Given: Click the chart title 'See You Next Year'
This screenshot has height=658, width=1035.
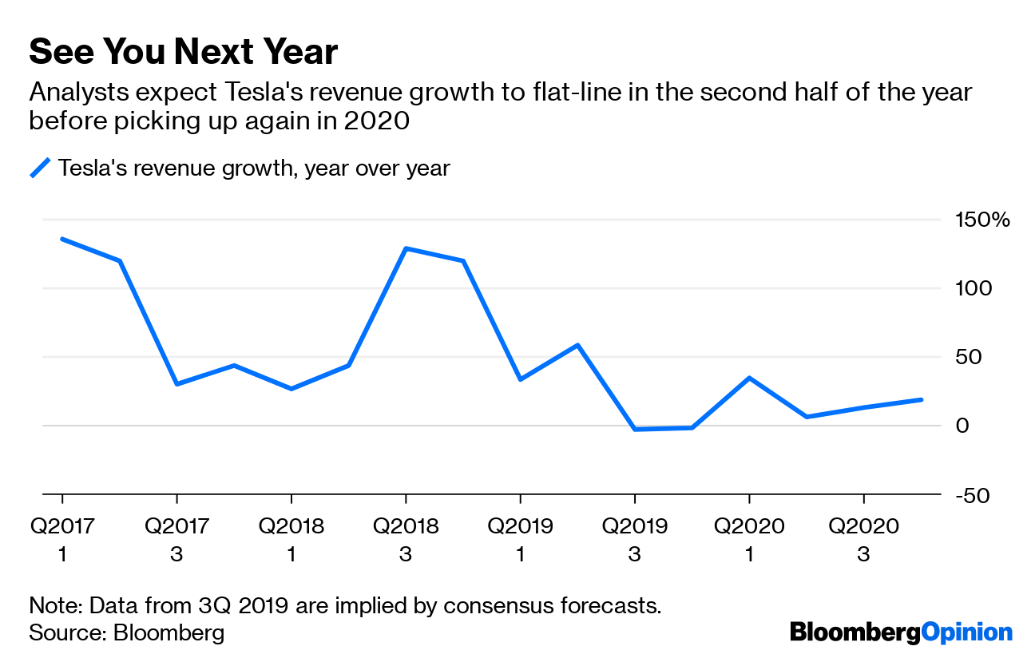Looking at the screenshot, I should click(183, 52).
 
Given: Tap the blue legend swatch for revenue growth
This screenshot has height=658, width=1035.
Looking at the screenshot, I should click(40, 168).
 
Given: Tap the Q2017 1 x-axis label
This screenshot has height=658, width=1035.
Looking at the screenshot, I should click(62, 539).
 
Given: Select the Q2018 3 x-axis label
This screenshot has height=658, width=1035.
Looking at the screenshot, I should click(406, 539).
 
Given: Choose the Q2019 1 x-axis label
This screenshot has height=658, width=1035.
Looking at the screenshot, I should click(520, 539).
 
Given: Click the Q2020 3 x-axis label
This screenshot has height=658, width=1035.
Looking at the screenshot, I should click(863, 539).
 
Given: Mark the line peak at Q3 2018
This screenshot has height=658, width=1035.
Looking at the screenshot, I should click(406, 248).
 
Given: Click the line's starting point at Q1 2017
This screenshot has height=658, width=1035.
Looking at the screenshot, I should click(62, 239).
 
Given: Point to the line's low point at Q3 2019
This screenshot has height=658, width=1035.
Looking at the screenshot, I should click(635, 430).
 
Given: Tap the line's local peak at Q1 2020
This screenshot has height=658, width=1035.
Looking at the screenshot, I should click(749, 378).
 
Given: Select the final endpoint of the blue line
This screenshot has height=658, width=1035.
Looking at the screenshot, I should click(922, 399).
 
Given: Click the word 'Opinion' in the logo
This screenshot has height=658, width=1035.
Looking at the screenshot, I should click(966, 632).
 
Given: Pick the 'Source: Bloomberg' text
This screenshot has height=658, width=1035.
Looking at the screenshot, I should click(126, 633).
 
